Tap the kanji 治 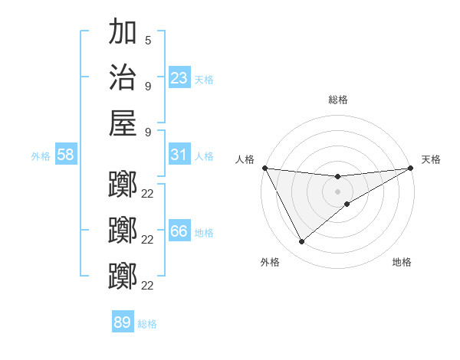click(123, 77)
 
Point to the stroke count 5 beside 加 click(148, 40)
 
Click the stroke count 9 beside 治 click(148, 85)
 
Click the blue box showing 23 click(179, 78)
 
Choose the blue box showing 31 click(179, 155)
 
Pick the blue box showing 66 click(179, 231)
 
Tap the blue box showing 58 click(66, 155)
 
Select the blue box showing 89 click(123, 322)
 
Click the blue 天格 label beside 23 click(204, 80)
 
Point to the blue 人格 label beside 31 click(204, 156)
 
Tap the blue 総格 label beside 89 click(147, 324)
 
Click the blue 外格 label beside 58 click(41, 156)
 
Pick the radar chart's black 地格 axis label click(402, 263)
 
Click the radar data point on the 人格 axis click(264, 168)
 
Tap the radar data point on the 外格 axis click(301, 242)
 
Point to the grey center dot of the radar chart click(338, 191)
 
